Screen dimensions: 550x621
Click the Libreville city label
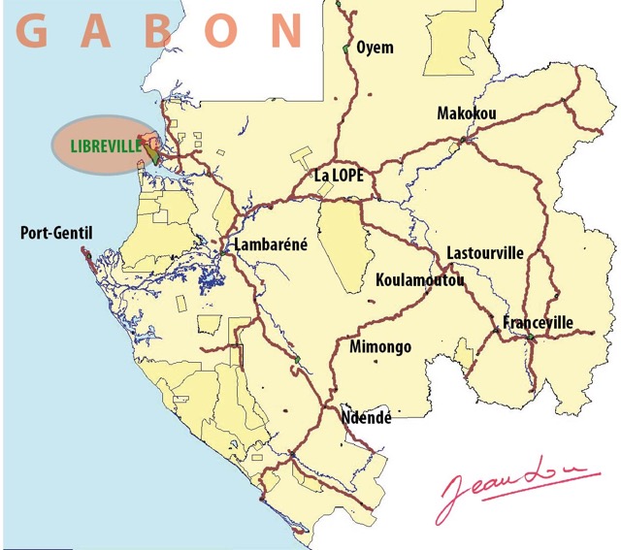[x=104, y=147]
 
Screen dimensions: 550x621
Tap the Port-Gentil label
[x=56, y=233]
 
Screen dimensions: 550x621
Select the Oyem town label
[x=376, y=48]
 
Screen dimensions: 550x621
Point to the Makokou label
[x=467, y=114]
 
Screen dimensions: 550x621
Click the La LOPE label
[x=338, y=177]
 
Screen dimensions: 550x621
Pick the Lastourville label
[x=484, y=253]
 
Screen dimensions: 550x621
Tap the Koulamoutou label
[x=419, y=281]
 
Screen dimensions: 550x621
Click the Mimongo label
[x=379, y=347]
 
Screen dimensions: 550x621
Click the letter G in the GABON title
[x=34, y=31]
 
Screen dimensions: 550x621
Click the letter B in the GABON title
[x=161, y=31]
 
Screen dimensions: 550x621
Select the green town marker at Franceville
[x=531, y=338]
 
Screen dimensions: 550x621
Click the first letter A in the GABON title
[x=97, y=31]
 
